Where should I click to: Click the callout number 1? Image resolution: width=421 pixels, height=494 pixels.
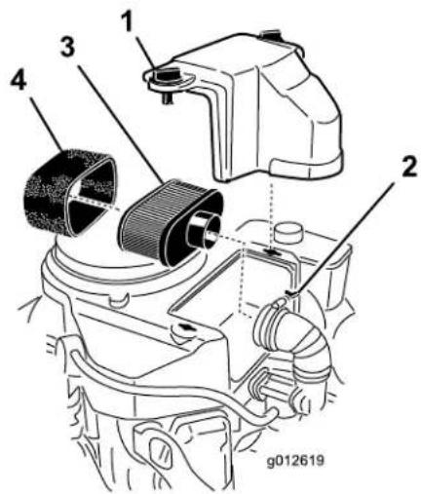pos(129,21)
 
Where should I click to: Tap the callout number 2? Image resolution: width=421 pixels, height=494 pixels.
pos(408,167)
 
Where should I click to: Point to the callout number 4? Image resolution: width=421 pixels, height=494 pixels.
pos(19,79)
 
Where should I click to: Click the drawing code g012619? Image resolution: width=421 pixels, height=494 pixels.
pos(295,461)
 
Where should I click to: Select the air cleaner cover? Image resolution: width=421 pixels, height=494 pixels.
pos(251,107)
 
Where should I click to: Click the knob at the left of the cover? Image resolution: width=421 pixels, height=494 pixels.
pos(167,75)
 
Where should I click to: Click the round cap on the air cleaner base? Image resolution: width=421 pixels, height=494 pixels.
pos(288,232)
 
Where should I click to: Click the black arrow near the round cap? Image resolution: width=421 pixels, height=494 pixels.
pos(271,252)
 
